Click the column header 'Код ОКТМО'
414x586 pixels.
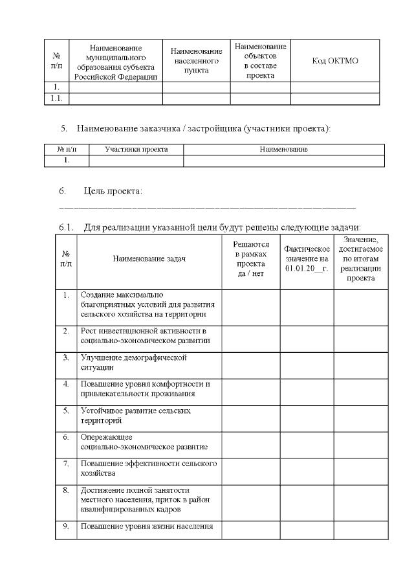334,61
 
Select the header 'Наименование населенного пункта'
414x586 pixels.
196,61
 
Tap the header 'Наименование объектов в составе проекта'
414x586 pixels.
260,61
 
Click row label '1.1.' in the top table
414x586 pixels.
56,98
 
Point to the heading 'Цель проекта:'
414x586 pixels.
113,191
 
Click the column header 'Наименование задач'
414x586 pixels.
149,259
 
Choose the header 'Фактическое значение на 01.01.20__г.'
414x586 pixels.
307,259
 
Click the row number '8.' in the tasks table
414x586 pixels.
66,490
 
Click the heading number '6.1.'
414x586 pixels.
67,227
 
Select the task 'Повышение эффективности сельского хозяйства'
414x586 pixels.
149,468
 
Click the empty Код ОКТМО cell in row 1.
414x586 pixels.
334,87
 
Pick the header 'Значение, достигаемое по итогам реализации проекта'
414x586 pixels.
361,259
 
